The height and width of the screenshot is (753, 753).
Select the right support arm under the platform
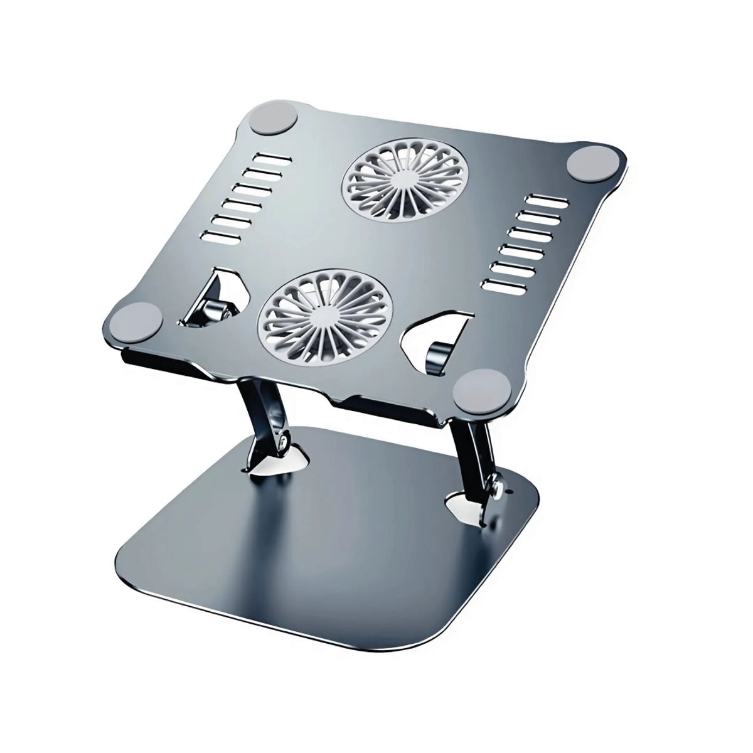(474, 452)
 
